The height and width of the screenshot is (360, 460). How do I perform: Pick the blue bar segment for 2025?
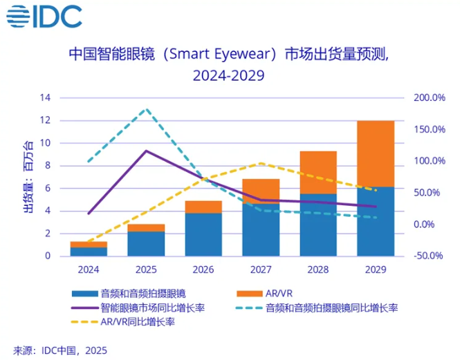[145, 243]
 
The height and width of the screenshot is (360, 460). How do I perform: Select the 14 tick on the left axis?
[45, 98]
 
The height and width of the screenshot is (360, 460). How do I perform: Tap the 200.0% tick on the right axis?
[429, 98]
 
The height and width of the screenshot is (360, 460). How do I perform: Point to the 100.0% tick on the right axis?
[429, 161]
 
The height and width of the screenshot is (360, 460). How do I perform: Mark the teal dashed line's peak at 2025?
[145, 109]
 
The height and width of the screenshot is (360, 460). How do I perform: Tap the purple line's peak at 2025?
[145, 151]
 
